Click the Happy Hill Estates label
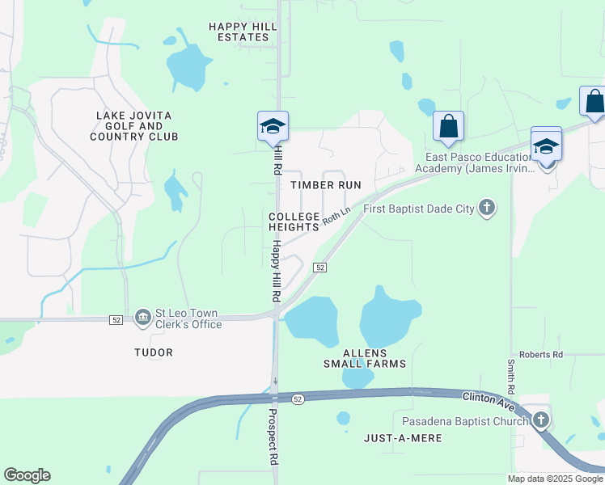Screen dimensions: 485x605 point(243,32)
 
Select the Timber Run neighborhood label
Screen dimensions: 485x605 point(325,185)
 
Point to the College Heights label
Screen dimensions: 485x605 point(294,221)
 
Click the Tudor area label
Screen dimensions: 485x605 point(154,352)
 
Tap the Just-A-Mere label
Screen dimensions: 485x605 point(403,436)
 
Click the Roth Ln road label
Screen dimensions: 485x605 point(336,216)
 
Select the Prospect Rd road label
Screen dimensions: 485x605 point(273,436)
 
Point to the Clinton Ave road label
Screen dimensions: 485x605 point(489,398)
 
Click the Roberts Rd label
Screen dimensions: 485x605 point(541,354)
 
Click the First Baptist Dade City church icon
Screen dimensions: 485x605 point(486,209)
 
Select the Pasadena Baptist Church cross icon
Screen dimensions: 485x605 point(540,420)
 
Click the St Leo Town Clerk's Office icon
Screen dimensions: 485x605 point(143,315)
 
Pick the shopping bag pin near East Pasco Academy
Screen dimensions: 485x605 point(448,126)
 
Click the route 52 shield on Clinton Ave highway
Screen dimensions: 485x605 point(298,399)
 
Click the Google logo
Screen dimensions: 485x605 point(27,475)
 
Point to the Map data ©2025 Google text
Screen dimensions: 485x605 point(555,479)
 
